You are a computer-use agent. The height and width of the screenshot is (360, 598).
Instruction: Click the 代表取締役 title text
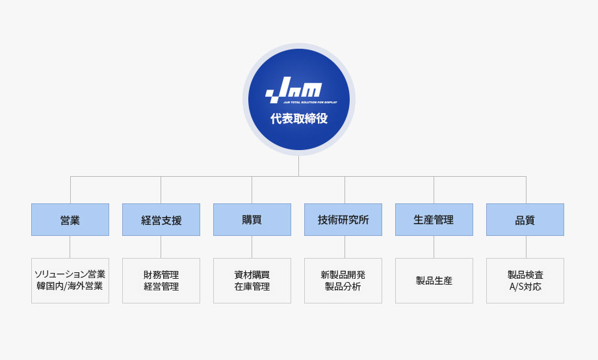[299, 119]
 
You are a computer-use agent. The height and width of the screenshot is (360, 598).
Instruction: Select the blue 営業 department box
[70, 220]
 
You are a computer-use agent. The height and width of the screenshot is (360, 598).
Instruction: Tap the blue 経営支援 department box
[161, 220]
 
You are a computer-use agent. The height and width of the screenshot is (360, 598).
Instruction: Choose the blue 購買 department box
[252, 220]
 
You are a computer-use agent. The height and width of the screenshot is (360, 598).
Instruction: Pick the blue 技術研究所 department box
[343, 220]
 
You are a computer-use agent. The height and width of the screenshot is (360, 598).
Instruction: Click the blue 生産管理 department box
[434, 220]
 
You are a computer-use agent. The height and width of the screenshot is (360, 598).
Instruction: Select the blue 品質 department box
[525, 220]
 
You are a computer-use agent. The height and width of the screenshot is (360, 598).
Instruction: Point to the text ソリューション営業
[70, 274]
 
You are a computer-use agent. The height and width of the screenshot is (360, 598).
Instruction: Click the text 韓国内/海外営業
[70, 286]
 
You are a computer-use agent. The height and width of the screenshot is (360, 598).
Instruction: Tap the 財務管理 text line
[161, 275]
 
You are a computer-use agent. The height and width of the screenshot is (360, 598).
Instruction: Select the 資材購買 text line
[252, 275]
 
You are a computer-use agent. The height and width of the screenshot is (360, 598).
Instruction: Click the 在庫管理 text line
[252, 287]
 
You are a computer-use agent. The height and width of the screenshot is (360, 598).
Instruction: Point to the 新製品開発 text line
[343, 275]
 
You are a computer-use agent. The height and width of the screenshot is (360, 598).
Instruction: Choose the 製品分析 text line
[343, 287]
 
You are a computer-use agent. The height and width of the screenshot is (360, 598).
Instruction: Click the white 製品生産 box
[434, 281]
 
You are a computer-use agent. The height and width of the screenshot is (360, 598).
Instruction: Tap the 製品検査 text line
[525, 275]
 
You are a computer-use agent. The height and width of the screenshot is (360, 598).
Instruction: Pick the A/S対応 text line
[525, 287]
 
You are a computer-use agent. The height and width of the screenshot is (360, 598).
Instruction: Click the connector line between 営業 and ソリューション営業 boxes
[70, 247]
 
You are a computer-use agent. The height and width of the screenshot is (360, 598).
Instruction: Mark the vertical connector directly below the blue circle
[298, 166]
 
